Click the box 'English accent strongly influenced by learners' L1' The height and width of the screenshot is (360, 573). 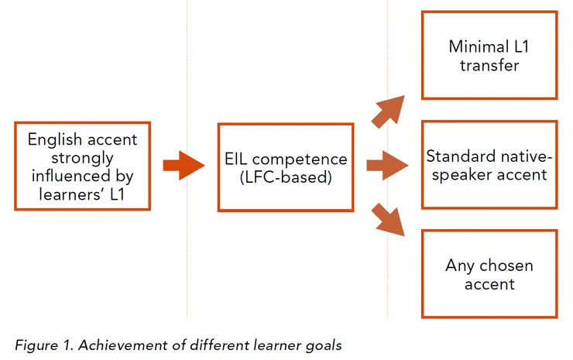coord(82,166)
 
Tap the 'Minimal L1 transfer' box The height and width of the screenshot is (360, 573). coord(489,55)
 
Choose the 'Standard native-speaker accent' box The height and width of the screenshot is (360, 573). coord(489,164)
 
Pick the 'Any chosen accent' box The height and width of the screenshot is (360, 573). coord(489,274)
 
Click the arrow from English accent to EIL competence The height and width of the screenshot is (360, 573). coord(183,166)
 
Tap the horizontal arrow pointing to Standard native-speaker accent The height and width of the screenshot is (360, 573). coord(386,164)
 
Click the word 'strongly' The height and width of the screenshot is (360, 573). coord(82,158)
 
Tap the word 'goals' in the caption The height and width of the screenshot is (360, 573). coord(323,345)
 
